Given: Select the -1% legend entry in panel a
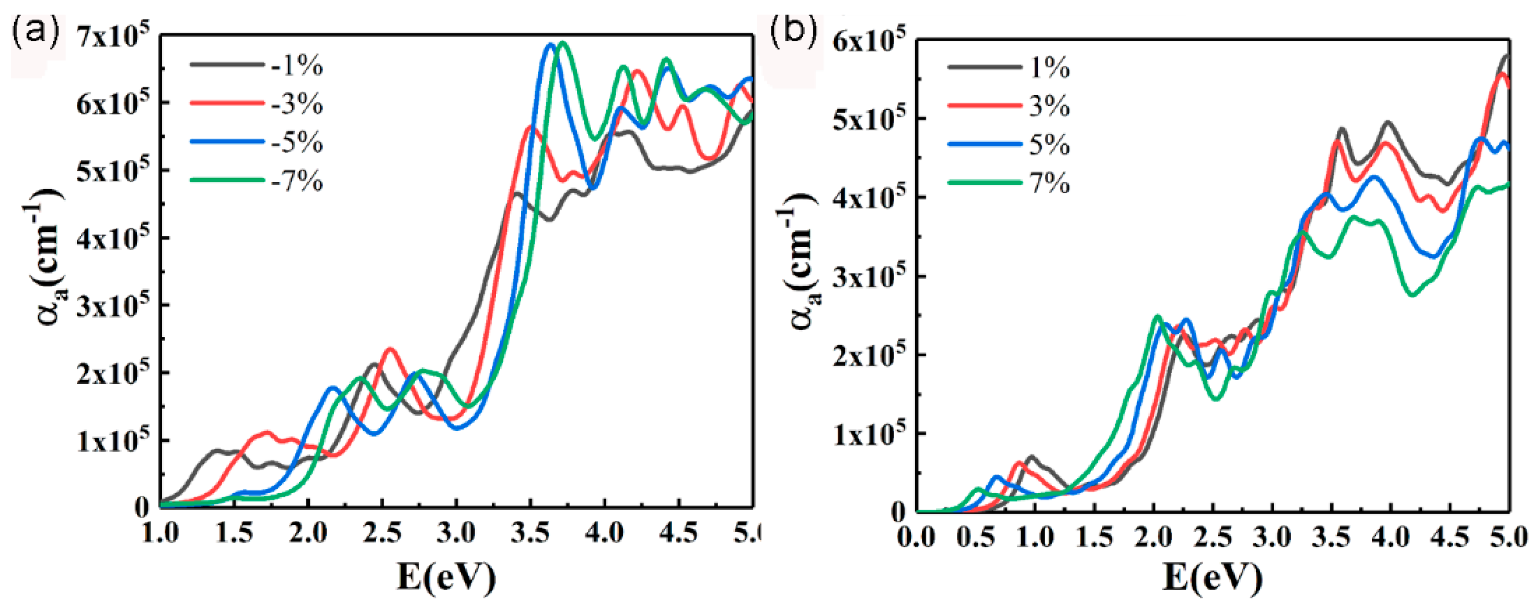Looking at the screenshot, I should click(296, 66).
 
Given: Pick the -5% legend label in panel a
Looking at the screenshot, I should click(296, 143).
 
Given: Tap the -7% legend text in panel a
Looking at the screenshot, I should click(296, 181).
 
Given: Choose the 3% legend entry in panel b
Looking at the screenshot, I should click(1049, 107).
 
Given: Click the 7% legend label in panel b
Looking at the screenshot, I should click(1049, 183).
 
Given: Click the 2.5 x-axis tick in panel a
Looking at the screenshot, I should click(382, 532).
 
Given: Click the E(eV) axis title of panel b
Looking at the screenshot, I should click(1212, 577).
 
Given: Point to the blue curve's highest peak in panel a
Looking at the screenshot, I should click(550, 44).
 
